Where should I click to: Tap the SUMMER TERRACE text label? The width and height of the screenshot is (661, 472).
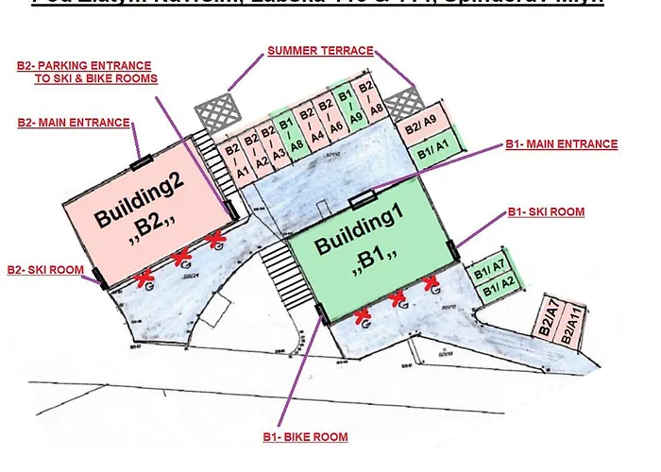click(x=319, y=50)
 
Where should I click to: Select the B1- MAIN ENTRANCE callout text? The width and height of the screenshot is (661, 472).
click(x=561, y=144)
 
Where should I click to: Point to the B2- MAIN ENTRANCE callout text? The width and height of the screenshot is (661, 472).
click(x=74, y=123)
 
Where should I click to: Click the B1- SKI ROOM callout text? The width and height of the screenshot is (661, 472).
click(x=546, y=212)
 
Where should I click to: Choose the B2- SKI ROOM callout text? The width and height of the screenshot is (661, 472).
click(x=44, y=270)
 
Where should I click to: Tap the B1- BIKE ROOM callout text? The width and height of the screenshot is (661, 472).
click(x=305, y=437)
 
